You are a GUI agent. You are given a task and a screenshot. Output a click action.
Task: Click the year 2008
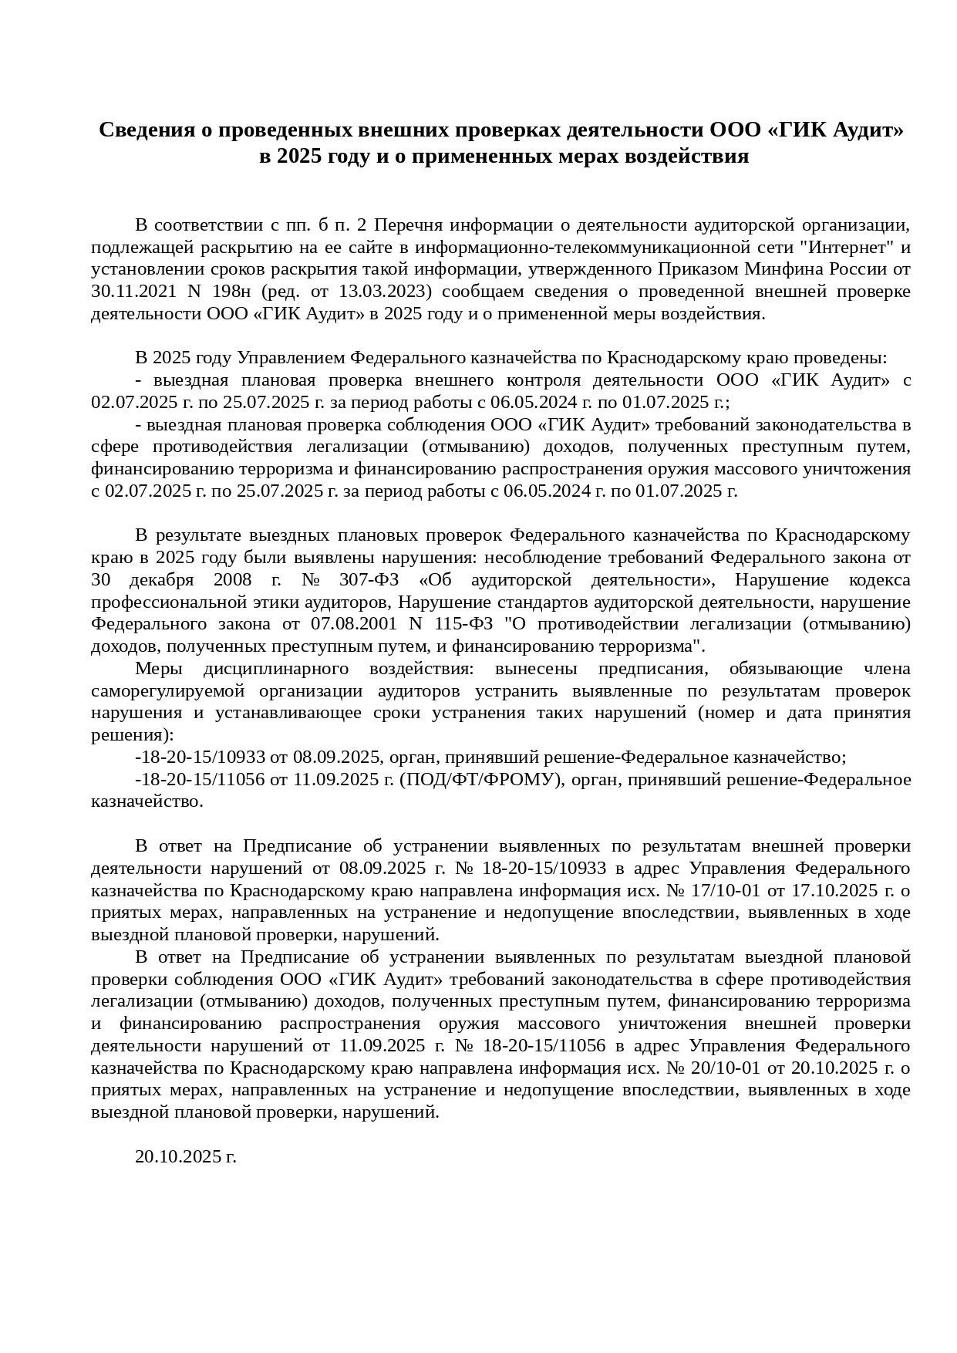pos(232,579)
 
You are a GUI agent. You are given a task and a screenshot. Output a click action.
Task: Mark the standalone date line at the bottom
pos(185,1156)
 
